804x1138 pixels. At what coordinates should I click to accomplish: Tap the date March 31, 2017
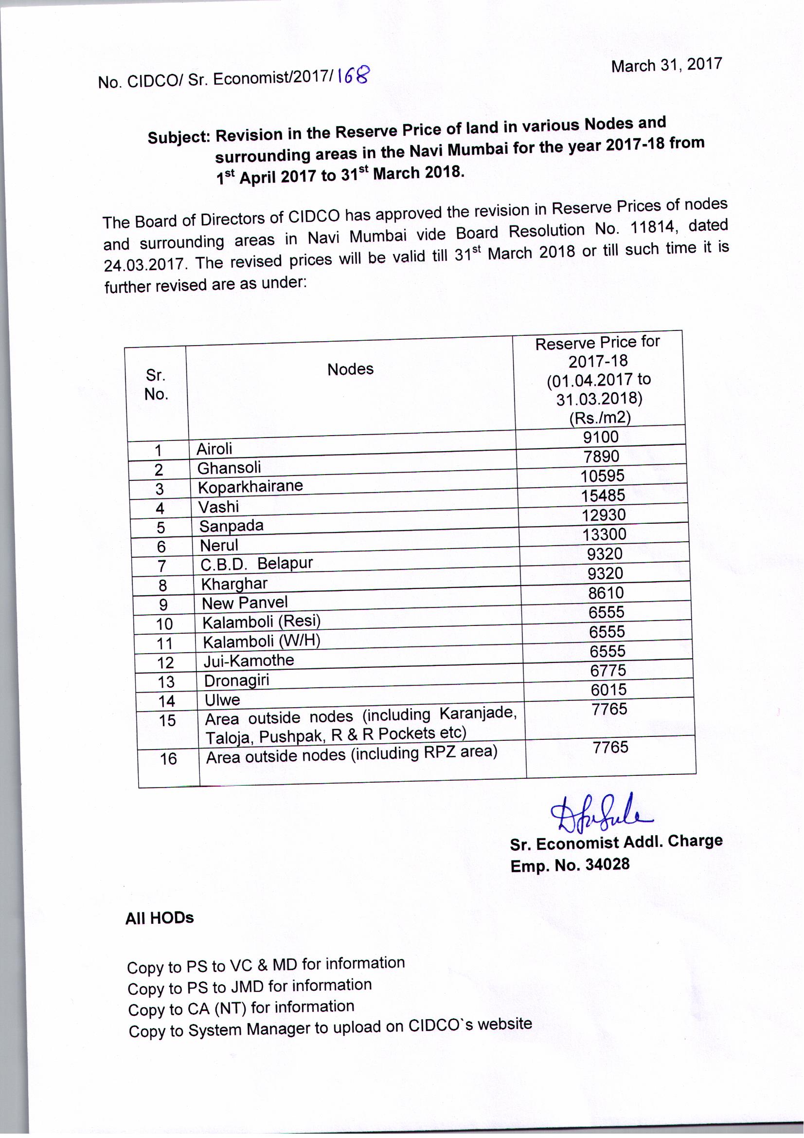[x=666, y=65]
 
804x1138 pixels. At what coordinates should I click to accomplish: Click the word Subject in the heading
[x=179, y=137]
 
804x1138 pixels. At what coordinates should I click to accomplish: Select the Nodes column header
[x=350, y=369]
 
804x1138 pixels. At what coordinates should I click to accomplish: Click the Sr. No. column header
[x=156, y=385]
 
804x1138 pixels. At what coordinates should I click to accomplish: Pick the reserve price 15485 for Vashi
[x=603, y=495]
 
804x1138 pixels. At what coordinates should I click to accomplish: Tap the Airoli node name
[x=214, y=449]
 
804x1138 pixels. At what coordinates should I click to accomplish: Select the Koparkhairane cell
[x=250, y=486]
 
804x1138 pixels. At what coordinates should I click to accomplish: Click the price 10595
[x=602, y=476]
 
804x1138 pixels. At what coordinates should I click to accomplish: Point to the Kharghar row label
[x=234, y=584]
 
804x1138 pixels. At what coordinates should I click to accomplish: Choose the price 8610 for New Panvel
[x=606, y=593]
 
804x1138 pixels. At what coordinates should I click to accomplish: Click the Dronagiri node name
[x=236, y=680]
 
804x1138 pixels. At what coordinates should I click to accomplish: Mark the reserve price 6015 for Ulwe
[x=608, y=689]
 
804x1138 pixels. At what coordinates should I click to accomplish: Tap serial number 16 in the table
[x=168, y=758]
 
